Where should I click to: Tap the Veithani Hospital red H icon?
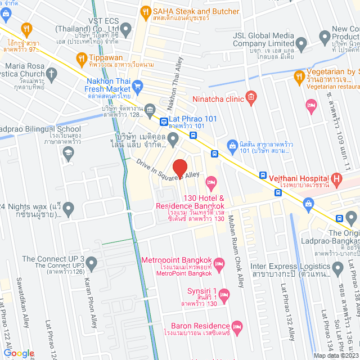[x=337, y=179]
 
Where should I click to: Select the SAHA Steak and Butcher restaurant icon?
[x=146, y=11]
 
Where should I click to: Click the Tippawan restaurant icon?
[x=82, y=58]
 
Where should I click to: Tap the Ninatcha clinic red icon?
[x=251, y=98]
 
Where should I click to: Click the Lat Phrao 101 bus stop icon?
[x=163, y=121]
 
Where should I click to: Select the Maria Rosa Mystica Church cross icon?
[x=51, y=73]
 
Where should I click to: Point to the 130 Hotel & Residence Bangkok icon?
[x=211, y=182]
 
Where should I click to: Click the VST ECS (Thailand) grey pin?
[x=126, y=28]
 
